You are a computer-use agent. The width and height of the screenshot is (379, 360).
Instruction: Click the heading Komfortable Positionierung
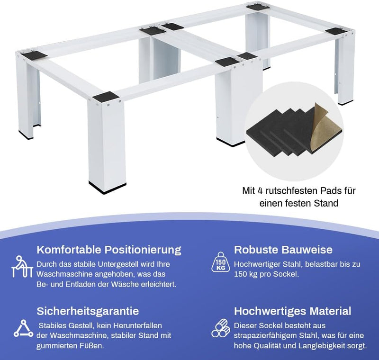point(109,250)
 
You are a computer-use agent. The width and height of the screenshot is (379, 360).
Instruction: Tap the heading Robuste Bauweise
point(283,250)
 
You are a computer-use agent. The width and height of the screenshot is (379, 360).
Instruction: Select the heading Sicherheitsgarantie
point(88,311)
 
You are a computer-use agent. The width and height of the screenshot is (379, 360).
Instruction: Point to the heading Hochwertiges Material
point(292,311)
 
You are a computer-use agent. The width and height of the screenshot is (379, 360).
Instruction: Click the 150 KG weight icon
point(220,262)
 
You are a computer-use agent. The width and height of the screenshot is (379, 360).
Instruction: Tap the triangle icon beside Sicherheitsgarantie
point(23,328)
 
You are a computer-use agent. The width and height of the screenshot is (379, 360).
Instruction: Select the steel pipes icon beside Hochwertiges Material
point(221,328)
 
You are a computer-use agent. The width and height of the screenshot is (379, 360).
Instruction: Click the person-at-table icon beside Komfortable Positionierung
point(22,267)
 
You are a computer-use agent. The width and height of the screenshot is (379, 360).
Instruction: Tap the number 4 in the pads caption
point(260,191)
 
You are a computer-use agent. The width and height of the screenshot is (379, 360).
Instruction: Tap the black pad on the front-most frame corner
point(106,97)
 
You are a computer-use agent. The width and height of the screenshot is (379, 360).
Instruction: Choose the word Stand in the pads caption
point(326,203)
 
